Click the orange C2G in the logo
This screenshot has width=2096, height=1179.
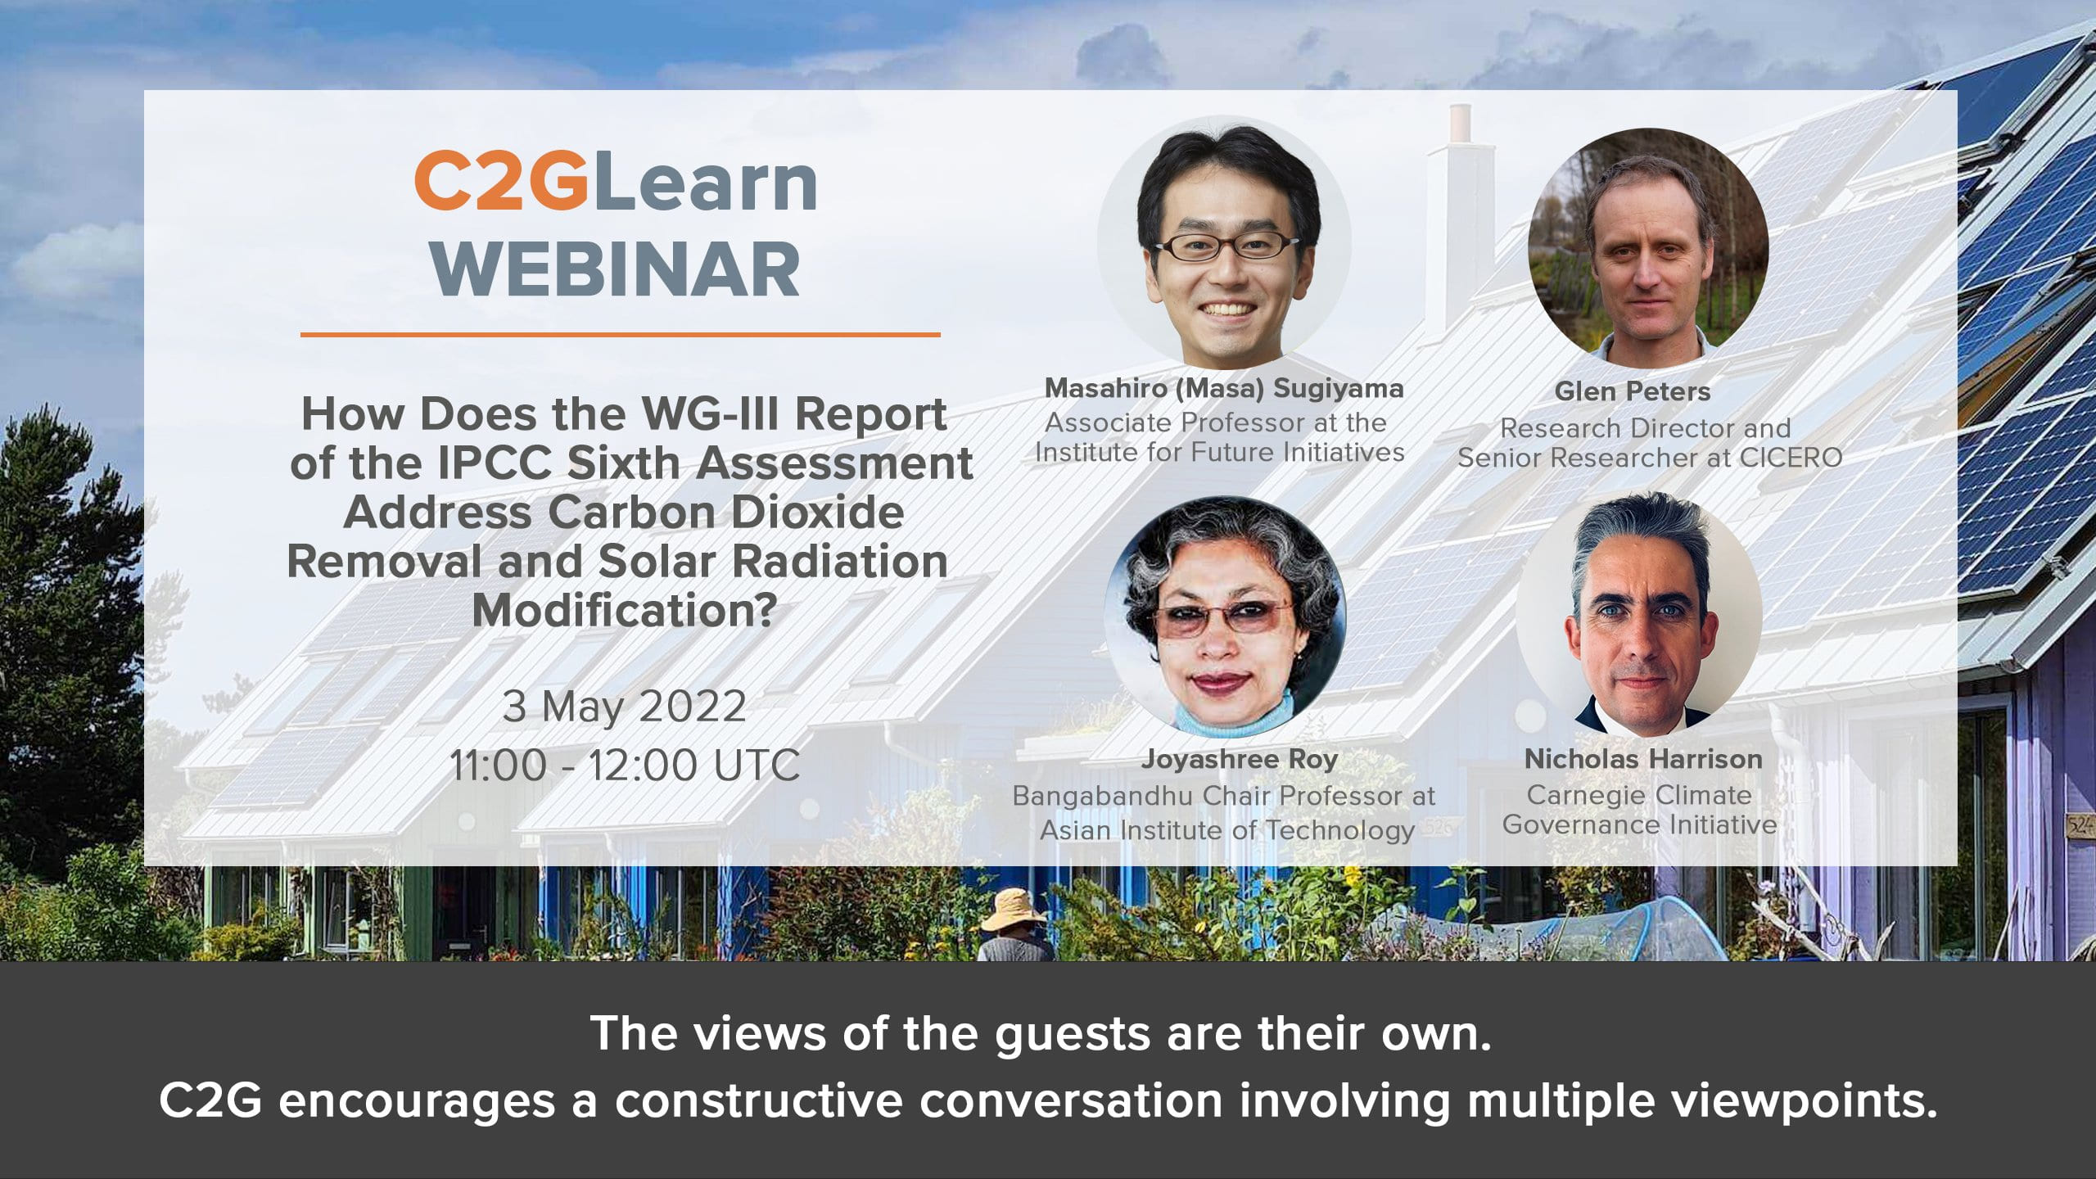coord(501,182)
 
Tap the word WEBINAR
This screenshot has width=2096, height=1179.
coord(617,269)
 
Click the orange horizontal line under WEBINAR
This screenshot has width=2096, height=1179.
coord(620,334)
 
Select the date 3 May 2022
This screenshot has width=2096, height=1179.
coord(624,707)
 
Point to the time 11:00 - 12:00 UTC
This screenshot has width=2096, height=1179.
coord(625,766)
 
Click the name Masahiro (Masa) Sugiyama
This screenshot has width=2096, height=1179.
coord(1224,388)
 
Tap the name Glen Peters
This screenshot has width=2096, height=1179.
coord(1633,391)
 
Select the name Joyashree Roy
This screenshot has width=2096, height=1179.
coord(1240,760)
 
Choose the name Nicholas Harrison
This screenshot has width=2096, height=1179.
coord(1643,759)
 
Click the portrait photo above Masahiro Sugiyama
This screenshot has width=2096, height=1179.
coord(1224,242)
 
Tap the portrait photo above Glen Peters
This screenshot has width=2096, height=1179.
coord(1648,246)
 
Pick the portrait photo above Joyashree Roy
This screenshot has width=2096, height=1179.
coord(1225,617)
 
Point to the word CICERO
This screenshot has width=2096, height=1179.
coord(1791,458)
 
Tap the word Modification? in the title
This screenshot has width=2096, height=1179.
coord(625,611)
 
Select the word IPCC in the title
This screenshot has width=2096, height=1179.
coord(495,463)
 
